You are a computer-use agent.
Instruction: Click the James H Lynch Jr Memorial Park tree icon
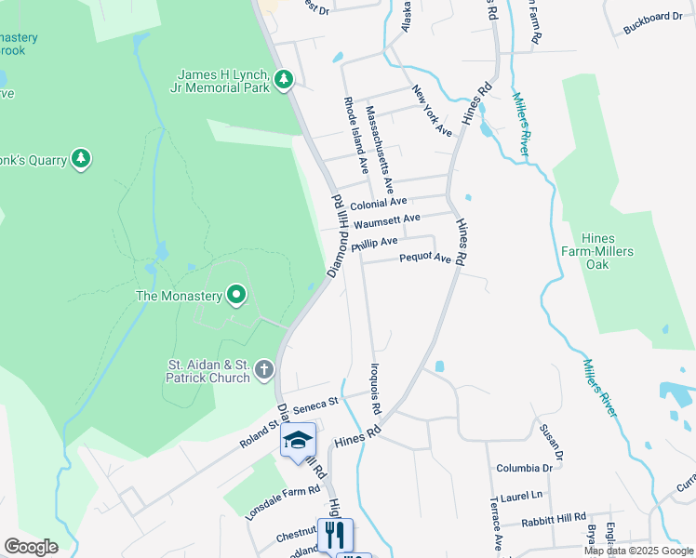[284, 81]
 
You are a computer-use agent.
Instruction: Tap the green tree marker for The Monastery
[236, 296]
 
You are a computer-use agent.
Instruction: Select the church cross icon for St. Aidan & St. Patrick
[264, 371]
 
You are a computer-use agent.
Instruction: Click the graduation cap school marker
[299, 439]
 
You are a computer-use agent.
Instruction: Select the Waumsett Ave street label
[387, 220]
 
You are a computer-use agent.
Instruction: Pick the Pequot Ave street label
[425, 259]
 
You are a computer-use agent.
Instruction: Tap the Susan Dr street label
[551, 443]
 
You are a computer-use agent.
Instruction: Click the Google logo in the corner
[31, 547]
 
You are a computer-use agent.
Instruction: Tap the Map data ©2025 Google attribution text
[638, 551]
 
